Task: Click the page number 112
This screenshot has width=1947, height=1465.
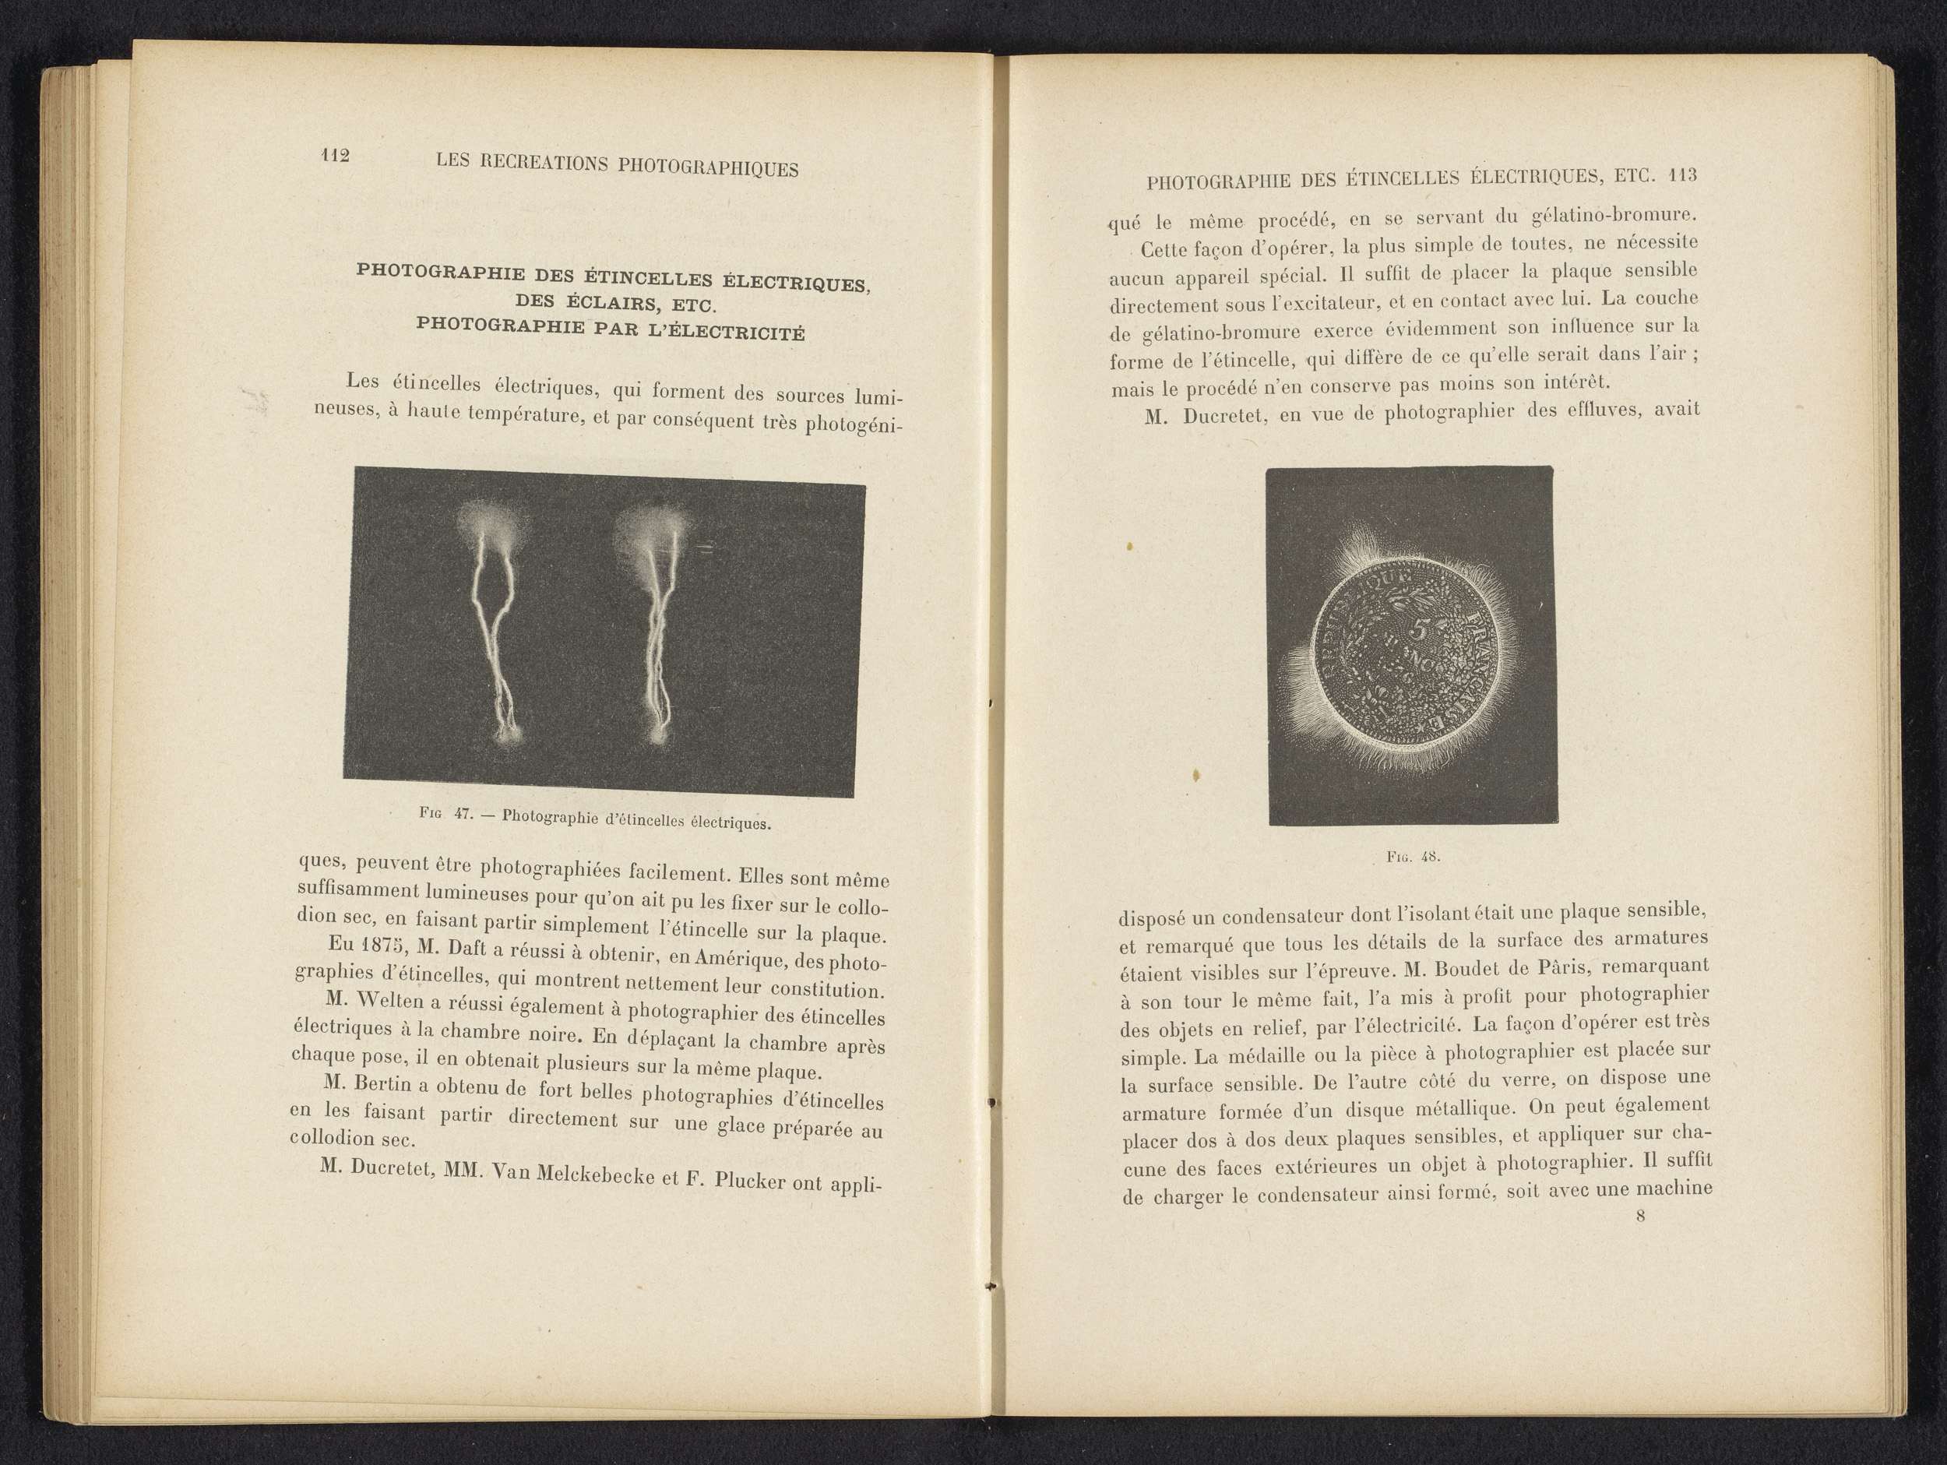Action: (336, 156)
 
